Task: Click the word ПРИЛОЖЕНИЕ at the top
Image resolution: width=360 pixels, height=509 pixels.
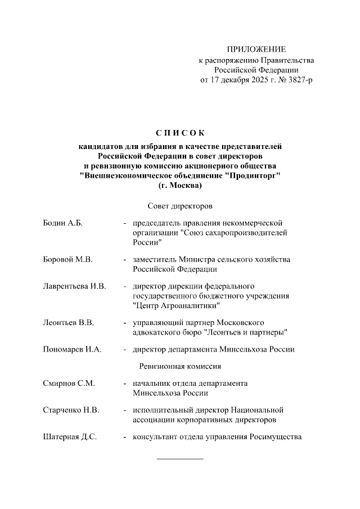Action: [256, 49]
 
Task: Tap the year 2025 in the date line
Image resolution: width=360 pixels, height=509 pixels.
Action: [256, 80]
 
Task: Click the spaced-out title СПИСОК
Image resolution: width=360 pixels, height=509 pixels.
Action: [179, 133]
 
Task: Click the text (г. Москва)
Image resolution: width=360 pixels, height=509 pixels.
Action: [180, 185]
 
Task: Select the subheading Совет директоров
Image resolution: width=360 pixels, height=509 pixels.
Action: [179, 206]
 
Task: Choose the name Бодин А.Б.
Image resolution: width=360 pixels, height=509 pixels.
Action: [63, 223]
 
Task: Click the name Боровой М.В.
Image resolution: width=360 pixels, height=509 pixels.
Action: [67, 259]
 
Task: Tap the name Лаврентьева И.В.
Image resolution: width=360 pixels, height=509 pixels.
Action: [74, 286]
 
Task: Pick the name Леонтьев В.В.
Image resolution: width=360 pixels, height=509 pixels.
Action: [68, 322]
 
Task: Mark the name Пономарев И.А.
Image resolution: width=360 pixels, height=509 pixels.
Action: [72, 349]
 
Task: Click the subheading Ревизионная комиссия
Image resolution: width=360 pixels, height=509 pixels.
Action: [179, 366]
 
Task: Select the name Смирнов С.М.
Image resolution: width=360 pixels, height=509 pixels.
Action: [69, 384]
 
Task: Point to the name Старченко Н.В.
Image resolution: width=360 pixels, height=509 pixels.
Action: [71, 410]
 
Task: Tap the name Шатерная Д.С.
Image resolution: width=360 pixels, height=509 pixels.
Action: [70, 437]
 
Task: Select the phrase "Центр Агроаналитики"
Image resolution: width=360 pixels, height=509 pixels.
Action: [176, 305]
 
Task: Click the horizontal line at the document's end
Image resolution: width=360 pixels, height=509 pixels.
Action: [179, 459]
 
